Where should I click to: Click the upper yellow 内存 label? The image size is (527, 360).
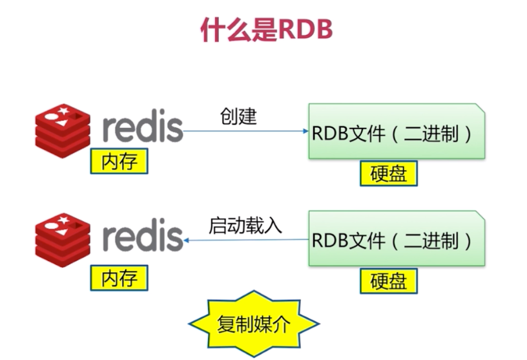pyautogui.click(x=119, y=161)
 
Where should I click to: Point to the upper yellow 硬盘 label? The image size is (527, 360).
pyautogui.click(x=389, y=174)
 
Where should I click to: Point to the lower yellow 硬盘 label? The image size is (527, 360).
pyautogui.click(x=389, y=281)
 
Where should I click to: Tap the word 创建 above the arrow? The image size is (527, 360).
pyautogui.click(x=238, y=116)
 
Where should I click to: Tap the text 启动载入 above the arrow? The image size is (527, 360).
pyautogui.click(x=245, y=225)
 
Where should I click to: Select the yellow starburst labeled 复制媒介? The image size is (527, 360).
pyautogui.click(x=253, y=323)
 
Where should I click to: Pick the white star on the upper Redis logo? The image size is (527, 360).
pyautogui.click(x=63, y=111)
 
